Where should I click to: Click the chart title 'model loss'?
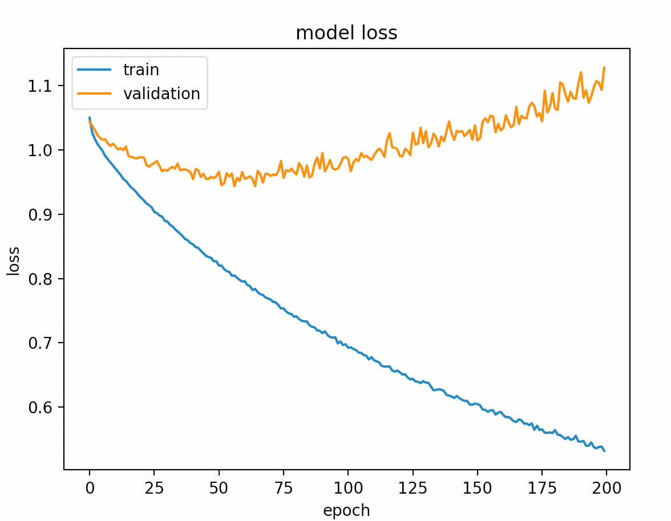[346, 34]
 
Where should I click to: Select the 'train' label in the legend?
[141, 70]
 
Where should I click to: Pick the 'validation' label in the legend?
[161, 93]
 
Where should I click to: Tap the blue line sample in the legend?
[95, 71]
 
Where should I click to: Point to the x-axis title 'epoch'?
[346, 510]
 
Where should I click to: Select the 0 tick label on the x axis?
[90, 487]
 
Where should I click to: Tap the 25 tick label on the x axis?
[154, 487]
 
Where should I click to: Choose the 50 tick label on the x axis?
[219, 487]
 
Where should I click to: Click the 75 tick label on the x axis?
[283, 487]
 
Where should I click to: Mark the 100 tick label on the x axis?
[347, 487]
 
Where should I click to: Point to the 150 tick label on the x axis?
[477, 487]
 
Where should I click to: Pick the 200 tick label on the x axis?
[606, 487]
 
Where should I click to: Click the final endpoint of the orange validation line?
[604, 67]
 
